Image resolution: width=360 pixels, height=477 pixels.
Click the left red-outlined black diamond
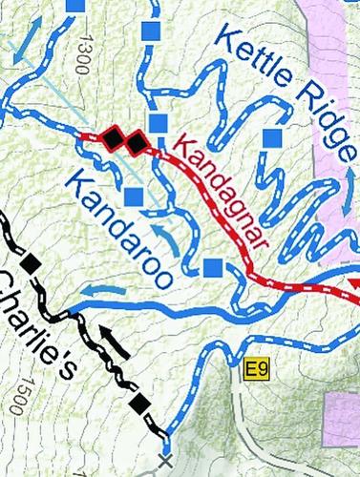(x=113, y=139)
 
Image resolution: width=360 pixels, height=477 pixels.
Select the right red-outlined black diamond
(x=136, y=143)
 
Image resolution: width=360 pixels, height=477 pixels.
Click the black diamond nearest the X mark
(x=141, y=404)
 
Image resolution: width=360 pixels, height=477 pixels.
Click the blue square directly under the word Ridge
(x=273, y=139)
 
